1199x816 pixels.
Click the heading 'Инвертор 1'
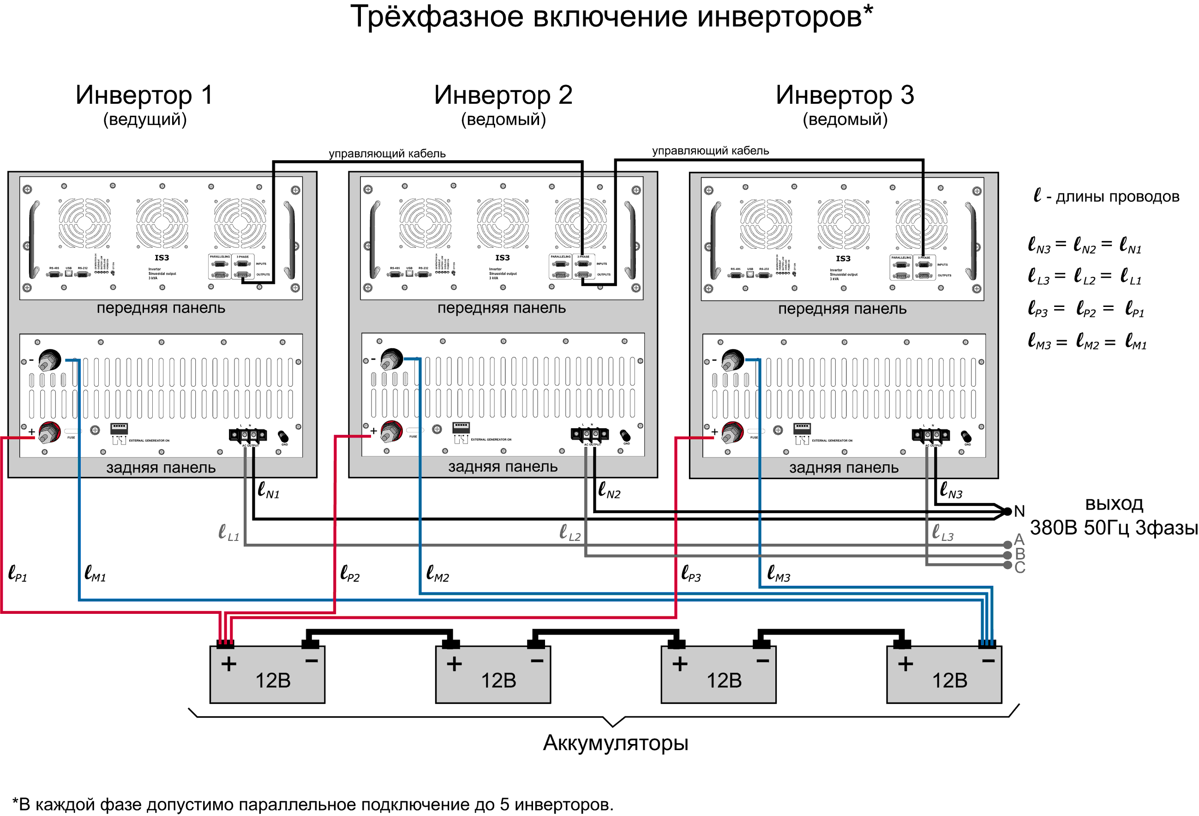pos(144,95)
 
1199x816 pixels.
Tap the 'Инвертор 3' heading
pos(845,95)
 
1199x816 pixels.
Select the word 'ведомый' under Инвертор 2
pos(503,120)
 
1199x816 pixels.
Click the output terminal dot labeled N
pos(1007,512)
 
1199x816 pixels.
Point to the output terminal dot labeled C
pos(1007,565)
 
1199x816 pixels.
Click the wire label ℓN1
pos(268,490)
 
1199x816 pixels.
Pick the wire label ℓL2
pos(570,532)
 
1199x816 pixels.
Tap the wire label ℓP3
pos(691,573)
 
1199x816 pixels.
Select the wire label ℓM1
pos(95,573)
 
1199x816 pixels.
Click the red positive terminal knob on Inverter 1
pos(49,432)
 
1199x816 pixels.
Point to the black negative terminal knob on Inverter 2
pos(391,359)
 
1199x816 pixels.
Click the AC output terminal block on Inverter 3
pos(931,435)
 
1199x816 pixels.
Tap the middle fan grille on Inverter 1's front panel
pos(162,223)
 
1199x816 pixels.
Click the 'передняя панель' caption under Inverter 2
pos(502,308)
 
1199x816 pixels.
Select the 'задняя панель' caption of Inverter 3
pos(844,468)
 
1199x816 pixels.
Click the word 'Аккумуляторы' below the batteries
pos(616,743)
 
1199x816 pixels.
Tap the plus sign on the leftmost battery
pos(228,664)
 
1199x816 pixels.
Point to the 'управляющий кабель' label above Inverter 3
pos(710,150)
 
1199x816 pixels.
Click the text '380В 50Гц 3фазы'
pos(1113,528)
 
